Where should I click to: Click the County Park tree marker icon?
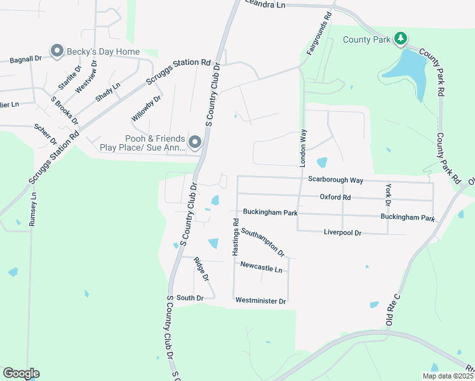point(400,39)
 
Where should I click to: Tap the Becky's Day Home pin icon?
point(57,51)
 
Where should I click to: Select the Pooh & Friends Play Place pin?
point(195,142)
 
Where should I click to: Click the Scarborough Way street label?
point(335,180)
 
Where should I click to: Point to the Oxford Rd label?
point(335,197)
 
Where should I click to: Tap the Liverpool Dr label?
point(342,233)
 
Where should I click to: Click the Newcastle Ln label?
point(261,269)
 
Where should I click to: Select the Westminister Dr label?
point(260,300)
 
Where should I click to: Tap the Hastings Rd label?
point(235,237)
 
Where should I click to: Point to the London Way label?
point(304,147)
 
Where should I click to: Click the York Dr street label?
point(387,195)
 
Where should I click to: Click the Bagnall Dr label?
point(25,59)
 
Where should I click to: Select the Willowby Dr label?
point(146,108)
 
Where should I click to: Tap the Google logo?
point(22,373)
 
